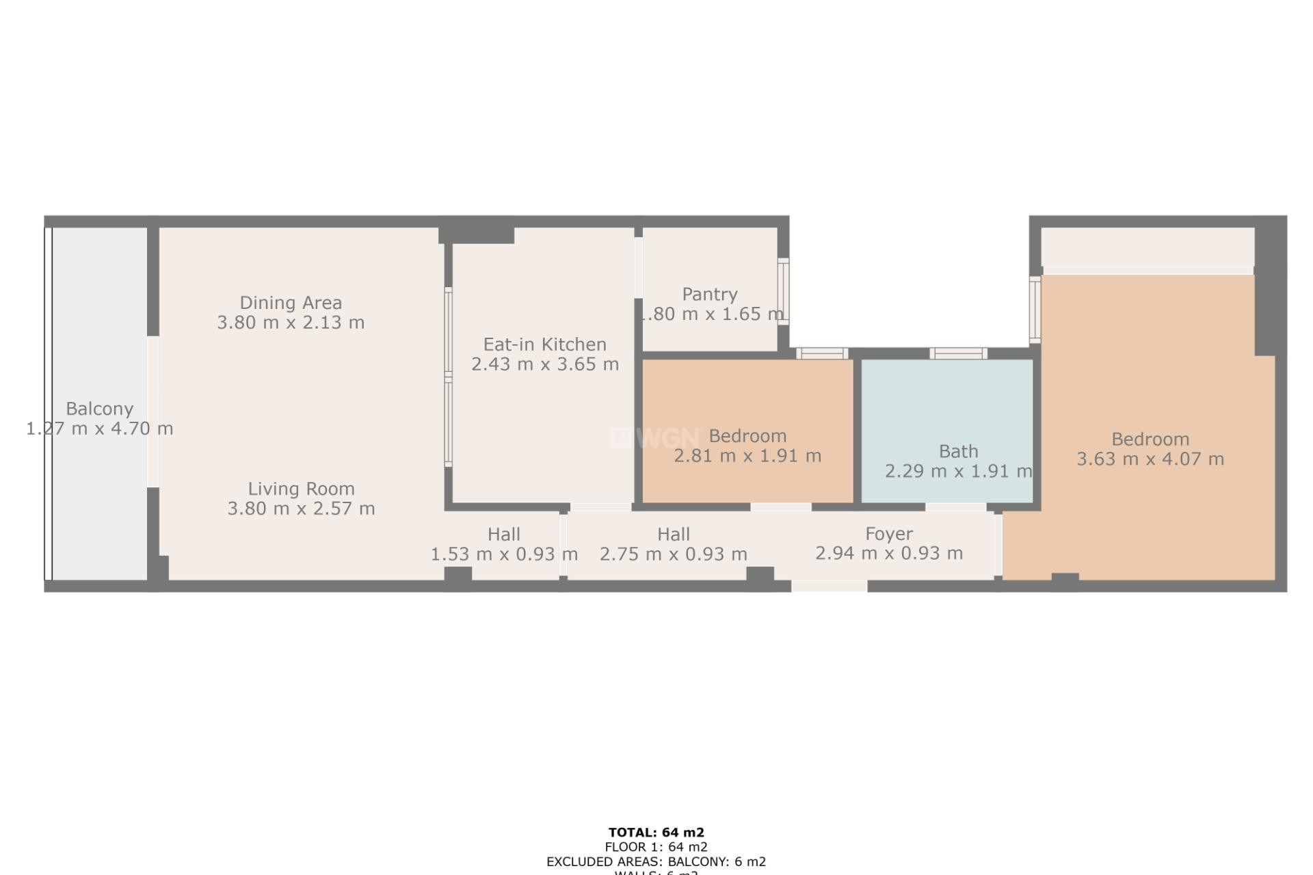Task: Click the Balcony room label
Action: [99, 409]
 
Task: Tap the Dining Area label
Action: [291, 303]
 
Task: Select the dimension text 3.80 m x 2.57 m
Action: [301, 509]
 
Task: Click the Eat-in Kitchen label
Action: [545, 345]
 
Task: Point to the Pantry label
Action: [710, 295]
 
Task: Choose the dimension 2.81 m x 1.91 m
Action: [747, 456]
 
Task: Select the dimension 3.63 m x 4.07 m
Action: [1150, 459]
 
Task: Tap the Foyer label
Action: [889, 534]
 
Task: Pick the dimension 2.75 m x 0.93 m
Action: [674, 554]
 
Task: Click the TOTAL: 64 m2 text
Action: [656, 833]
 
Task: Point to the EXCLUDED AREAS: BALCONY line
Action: [656, 861]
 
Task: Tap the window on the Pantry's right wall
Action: [784, 292]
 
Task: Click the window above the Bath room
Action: [957, 353]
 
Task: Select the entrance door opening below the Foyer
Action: [829, 586]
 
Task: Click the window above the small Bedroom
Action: [822, 353]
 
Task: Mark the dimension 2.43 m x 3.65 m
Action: [545, 364]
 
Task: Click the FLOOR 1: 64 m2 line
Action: [656, 847]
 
